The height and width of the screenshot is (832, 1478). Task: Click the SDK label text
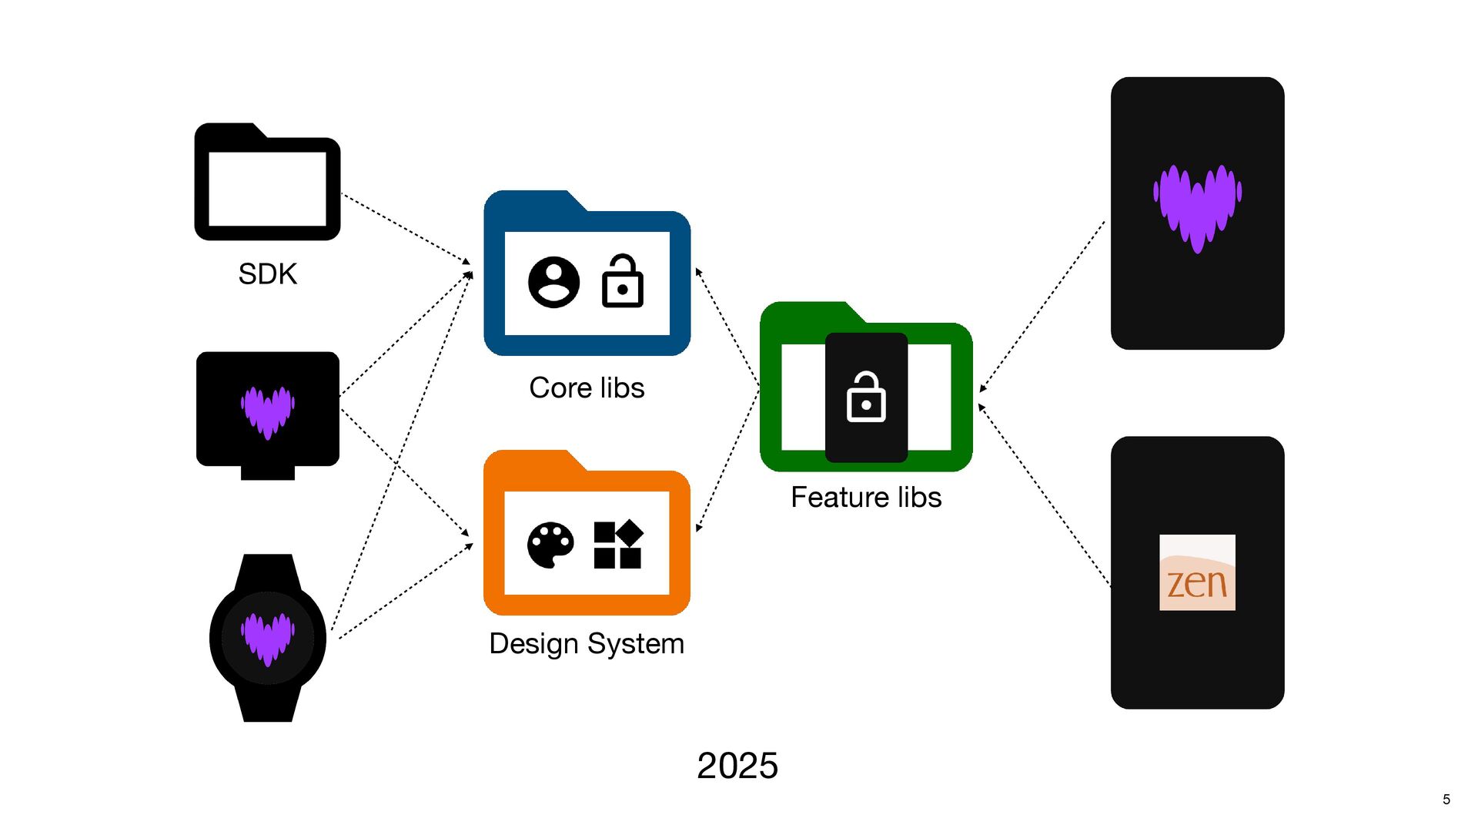[267, 274]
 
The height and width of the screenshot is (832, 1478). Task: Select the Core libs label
[587, 387]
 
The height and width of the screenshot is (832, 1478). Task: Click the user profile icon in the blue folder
[553, 282]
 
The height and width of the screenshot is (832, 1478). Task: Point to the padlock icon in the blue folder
[622, 281]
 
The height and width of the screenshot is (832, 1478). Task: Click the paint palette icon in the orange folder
[550, 545]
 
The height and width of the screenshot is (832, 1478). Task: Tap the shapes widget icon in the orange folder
[617, 545]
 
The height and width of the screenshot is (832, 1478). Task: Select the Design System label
[587, 643]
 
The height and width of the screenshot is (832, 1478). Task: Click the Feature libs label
[866, 498]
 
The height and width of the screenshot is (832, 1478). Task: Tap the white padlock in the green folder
[866, 398]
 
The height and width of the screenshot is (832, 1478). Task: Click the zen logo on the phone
[1197, 572]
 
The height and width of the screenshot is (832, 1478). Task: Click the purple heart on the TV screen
[267, 412]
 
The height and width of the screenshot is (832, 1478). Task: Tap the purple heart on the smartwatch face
[267, 639]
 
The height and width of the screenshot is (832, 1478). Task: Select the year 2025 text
[737, 766]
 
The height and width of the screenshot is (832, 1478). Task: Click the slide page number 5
[1446, 800]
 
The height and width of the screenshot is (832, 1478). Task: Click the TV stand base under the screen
[267, 472]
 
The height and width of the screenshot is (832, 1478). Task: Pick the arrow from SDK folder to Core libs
[405, 228]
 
